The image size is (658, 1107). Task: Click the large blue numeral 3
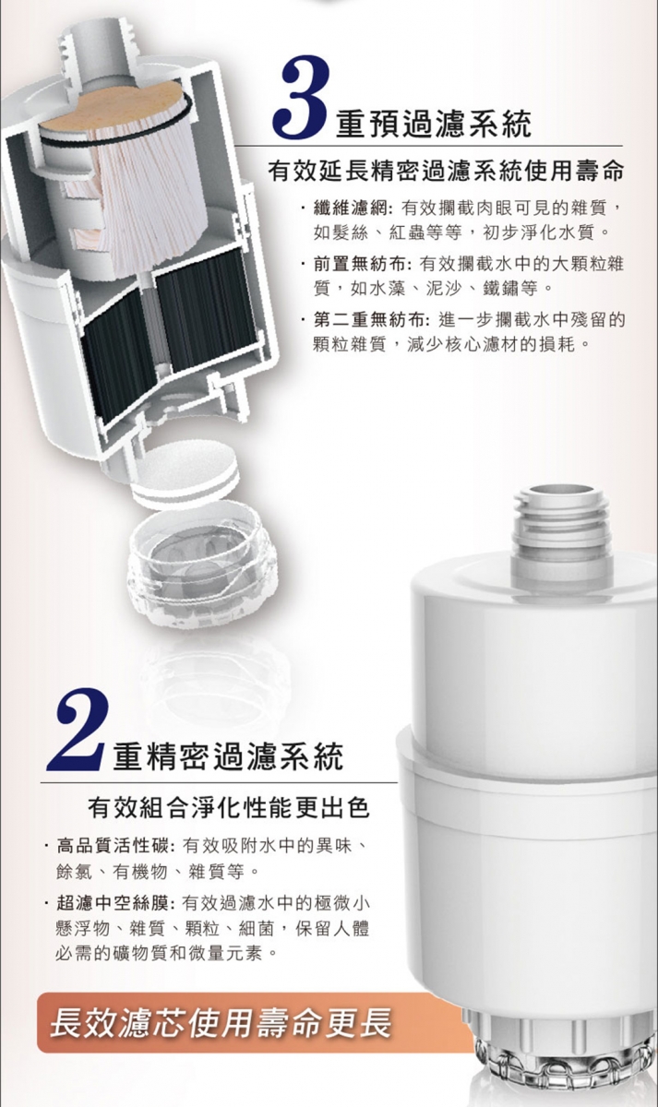pos(302,96)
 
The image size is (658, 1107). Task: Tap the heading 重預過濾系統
pos(434,124)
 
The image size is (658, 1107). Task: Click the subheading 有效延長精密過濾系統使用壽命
pos(446,171)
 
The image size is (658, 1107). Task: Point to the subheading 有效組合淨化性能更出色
pos(228,808)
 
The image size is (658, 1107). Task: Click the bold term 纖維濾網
pos(351,209)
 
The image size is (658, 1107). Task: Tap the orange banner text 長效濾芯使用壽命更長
pos(221,1022)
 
